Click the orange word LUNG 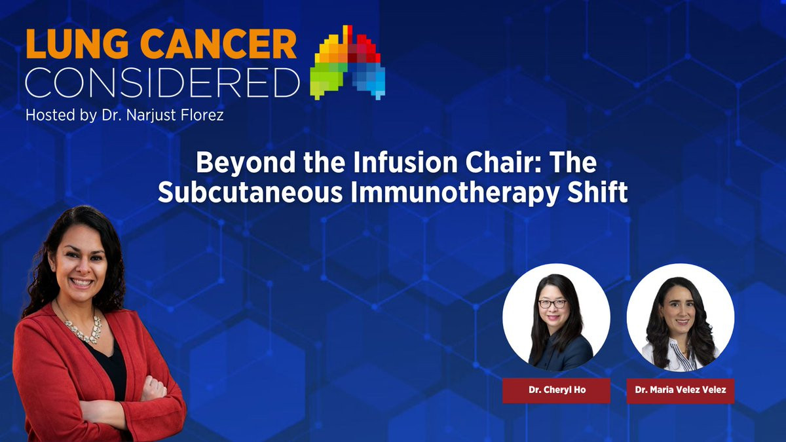click(x=77, y=45)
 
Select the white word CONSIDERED click(x=162, y=83)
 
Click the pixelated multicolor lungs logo click(x=347, y=62)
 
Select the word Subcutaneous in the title click(x=250, y=193)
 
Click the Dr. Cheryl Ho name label click(x=557, y=390)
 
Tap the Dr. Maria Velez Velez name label click(x=681, y=390)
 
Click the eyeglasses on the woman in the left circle click(x=552, y=304)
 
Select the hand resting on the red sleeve click(x=154, y=388)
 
